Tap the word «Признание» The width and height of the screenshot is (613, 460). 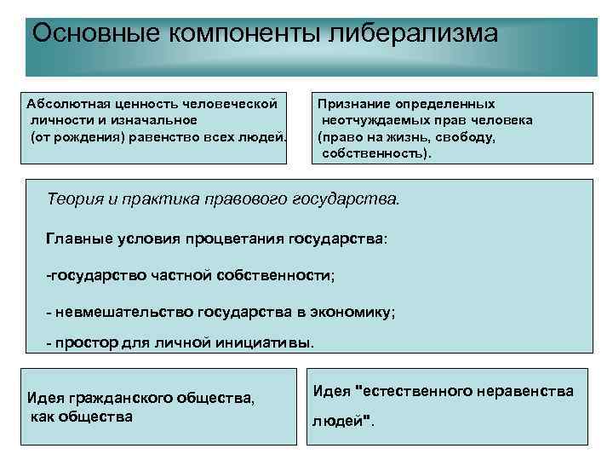click(354, 103)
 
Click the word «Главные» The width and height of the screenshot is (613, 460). click(77, 239)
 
